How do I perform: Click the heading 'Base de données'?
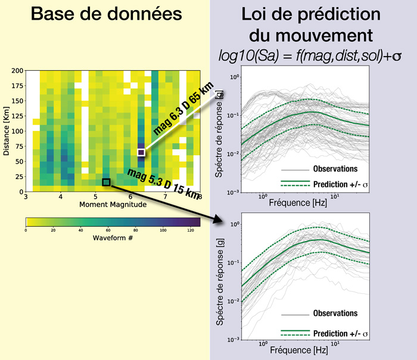[x=104, y=17]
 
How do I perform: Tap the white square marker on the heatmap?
[x=141, y=152]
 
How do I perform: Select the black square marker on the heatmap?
[x=107, y=182]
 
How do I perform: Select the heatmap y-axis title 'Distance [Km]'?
[x=8, y=131]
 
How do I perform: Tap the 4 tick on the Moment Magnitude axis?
[x=60, y=197]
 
